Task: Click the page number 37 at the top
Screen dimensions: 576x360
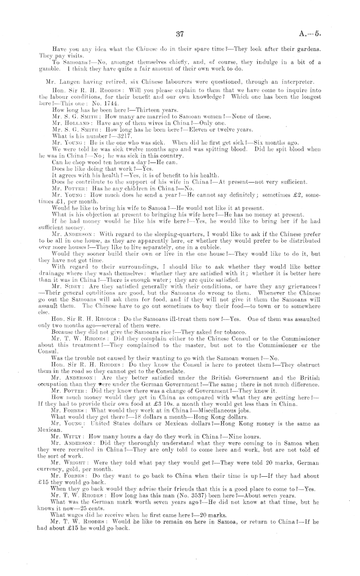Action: (180, 35)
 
